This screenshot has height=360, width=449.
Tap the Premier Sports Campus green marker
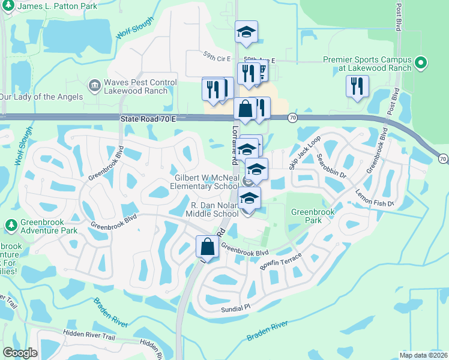pyautogui.click(x=421, y=62)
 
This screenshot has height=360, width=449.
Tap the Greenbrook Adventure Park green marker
pyautogui.click(x=10, y=226)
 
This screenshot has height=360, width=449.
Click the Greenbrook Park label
pyautogui.click(x=306, y=216)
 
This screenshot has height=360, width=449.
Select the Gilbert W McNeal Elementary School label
pyautogui.click(x=206, y=182)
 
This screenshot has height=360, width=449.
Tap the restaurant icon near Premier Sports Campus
pyautogui.click(x=357, y=85)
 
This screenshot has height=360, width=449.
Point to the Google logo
pyautogui.click(x=20, y=352)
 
